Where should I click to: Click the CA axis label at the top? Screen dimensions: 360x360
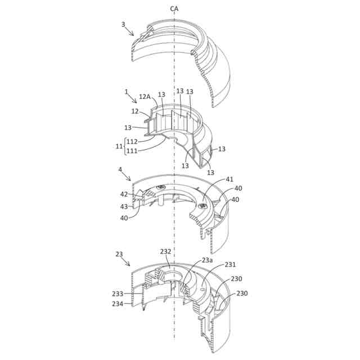[x=174, y=9]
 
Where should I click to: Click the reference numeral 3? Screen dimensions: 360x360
[x=123, y=24]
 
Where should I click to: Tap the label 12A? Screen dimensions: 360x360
[x=145, y=97]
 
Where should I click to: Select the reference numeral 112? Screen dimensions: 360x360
[x=132, y=142]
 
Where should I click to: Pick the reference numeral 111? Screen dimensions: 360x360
[x=132, y=151]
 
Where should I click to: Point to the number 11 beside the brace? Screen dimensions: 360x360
[x=119, y=146]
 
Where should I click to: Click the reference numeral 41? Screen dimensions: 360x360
[x=229, y=179]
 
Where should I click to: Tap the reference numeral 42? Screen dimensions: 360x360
[x=124, y=194]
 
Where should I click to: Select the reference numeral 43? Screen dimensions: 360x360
[x=124, y=206]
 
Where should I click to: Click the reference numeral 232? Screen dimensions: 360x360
[x=165, y=251]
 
